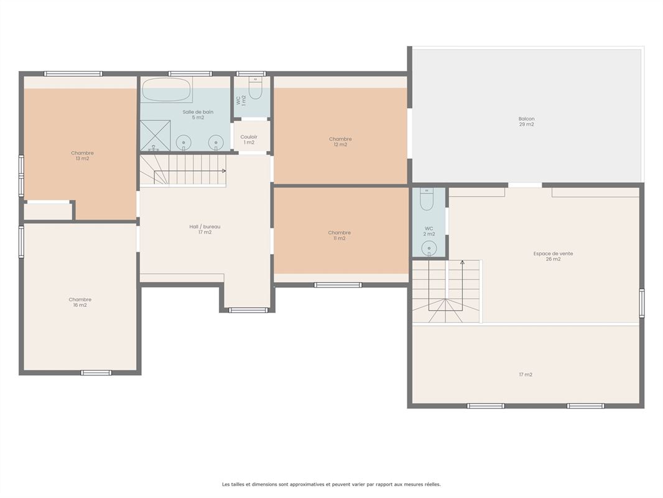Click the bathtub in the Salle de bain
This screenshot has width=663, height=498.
coord(166,89)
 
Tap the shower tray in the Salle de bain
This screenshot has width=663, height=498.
coord(155,136)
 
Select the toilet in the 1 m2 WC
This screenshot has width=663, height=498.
coord(256,88)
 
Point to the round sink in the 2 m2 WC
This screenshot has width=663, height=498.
coord(429,248)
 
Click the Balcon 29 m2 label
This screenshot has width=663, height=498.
coord(526,122)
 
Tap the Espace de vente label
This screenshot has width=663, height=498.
coord(553,256)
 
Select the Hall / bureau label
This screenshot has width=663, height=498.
coord(205,229)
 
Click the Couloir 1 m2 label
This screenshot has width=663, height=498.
coord(249,139)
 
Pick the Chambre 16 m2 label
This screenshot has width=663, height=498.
coord(80,302)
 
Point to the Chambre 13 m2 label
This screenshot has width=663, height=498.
coord(83,156)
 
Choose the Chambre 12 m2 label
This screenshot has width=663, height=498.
coord(340,142)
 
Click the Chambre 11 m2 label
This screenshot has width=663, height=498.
coord(339,235)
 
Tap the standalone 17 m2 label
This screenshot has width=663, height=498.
coord(526,375)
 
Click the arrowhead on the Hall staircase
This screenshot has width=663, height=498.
coord(224,171)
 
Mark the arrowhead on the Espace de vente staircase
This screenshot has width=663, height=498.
coord(462,262)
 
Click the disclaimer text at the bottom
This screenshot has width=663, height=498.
coord(331,484)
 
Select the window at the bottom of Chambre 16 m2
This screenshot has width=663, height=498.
coord(96,373)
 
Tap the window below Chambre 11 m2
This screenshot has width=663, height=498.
coord(338,285)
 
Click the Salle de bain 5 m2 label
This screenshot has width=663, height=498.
coord(198,115)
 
